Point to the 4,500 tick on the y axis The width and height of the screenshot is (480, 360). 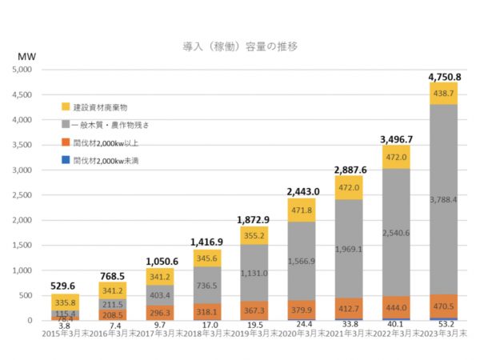click(x=21, y=94)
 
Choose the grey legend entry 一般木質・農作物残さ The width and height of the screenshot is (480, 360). click(x=111, y=125)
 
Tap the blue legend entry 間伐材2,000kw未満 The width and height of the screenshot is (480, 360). click(x=105, y=160)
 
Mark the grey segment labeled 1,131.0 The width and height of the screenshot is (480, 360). click(x=253, y=272)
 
